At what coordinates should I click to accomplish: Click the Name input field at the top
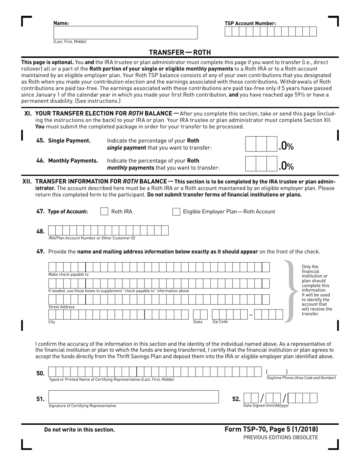tap(125, 33)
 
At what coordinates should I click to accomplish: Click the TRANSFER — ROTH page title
tap(180, 52)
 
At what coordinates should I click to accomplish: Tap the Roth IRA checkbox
tap(104, 211)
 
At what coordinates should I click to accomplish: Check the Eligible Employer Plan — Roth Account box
tap(176, 211)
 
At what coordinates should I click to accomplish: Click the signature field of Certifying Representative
tap(133, 397)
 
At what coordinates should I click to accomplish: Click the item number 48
tap(40, 231)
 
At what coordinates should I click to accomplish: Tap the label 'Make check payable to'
tap(68, 275)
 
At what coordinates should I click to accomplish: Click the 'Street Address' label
tap(61, 307)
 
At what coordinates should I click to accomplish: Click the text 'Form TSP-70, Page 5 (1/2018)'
tap(271, 429)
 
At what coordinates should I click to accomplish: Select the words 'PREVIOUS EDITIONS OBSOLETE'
tap(280, 438)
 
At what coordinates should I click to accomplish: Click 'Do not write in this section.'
tap(79, 430)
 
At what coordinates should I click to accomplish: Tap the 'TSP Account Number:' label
tap(250, 23)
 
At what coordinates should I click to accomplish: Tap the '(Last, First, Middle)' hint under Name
tap(70, 42)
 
